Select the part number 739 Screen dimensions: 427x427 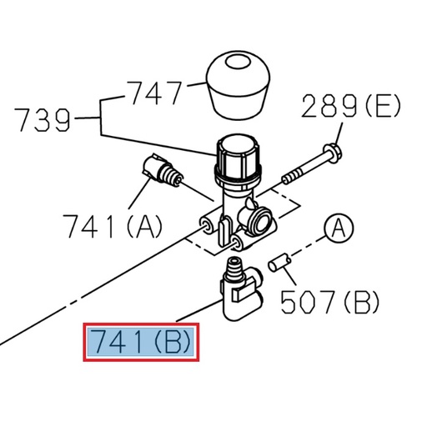[43, 121]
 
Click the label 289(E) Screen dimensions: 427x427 [350, 107]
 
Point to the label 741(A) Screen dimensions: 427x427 [113, 225]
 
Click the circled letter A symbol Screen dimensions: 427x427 [339, 228]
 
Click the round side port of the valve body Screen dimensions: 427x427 [259, 219]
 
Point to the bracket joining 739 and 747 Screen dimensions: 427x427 [101, 118]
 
